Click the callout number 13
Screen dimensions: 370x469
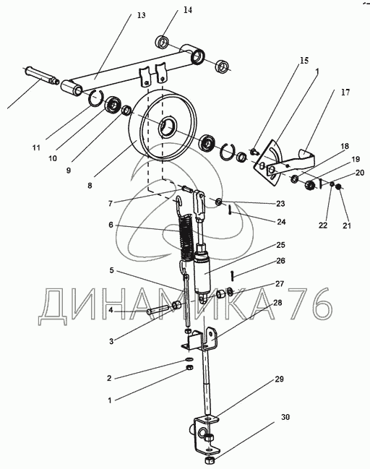pyautogui.click(x=141, y=15)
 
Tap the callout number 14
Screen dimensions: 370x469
pyautogui.click(x=188, y=10)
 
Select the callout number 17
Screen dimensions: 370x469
pyautogui.click(x=345, y=92)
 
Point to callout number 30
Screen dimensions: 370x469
pyautogui.click(x=285, y=417)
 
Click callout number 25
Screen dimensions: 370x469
pyautogui.click(x=280, y=245)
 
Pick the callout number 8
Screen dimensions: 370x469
pyautogui.click(x=90, y=186)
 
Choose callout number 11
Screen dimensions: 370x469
pyautogui.click(x=36, y=147)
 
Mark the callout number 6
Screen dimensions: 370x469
pyautogui.click(x=111, y=224)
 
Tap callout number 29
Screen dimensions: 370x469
pyautogui.click(x=279, y=379)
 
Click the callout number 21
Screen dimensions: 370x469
pyautogui.click(x=347, y=225)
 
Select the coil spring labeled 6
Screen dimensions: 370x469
pyautogui.click(x=186, y=237)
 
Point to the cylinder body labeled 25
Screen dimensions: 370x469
pyautogui.click(x=202, y=271)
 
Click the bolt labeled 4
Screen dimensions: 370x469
pyautogui.click(x=158, y=309)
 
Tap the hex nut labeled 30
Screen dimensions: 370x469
pyautogui.click(x=209, y=460)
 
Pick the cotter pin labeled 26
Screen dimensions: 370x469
pyautogui.click(x=232, y=275)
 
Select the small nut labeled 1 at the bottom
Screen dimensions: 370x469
pyautogui.click(x=189, y=367)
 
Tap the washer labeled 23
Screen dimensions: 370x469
pyautogui.click(x=219, y=202)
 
